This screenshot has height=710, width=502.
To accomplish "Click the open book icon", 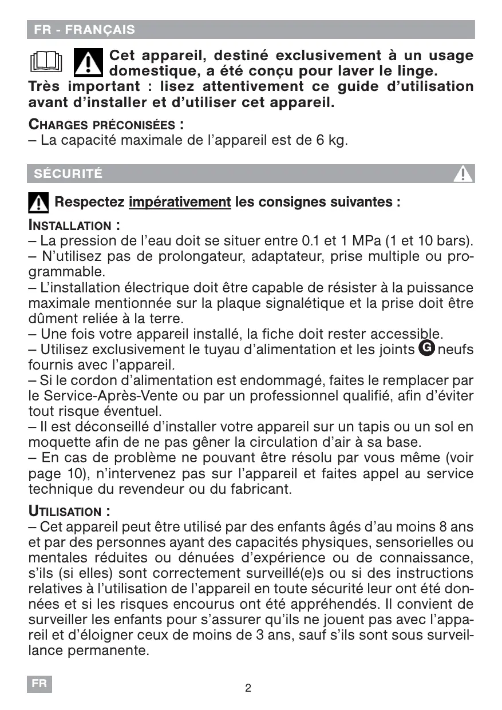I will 45,62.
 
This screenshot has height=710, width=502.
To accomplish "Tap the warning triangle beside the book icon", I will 88,62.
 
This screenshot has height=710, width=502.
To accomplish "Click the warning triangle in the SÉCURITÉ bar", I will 463,173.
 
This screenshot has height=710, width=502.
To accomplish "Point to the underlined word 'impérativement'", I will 180,203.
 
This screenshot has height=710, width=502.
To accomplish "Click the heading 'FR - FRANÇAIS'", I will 84,30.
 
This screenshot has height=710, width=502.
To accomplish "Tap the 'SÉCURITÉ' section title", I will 68,174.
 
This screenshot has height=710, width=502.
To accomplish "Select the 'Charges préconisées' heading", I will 106,125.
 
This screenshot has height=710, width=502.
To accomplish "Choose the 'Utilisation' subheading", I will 69,511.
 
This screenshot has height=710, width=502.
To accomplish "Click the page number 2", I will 248,688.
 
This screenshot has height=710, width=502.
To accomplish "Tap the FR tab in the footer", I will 39,684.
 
